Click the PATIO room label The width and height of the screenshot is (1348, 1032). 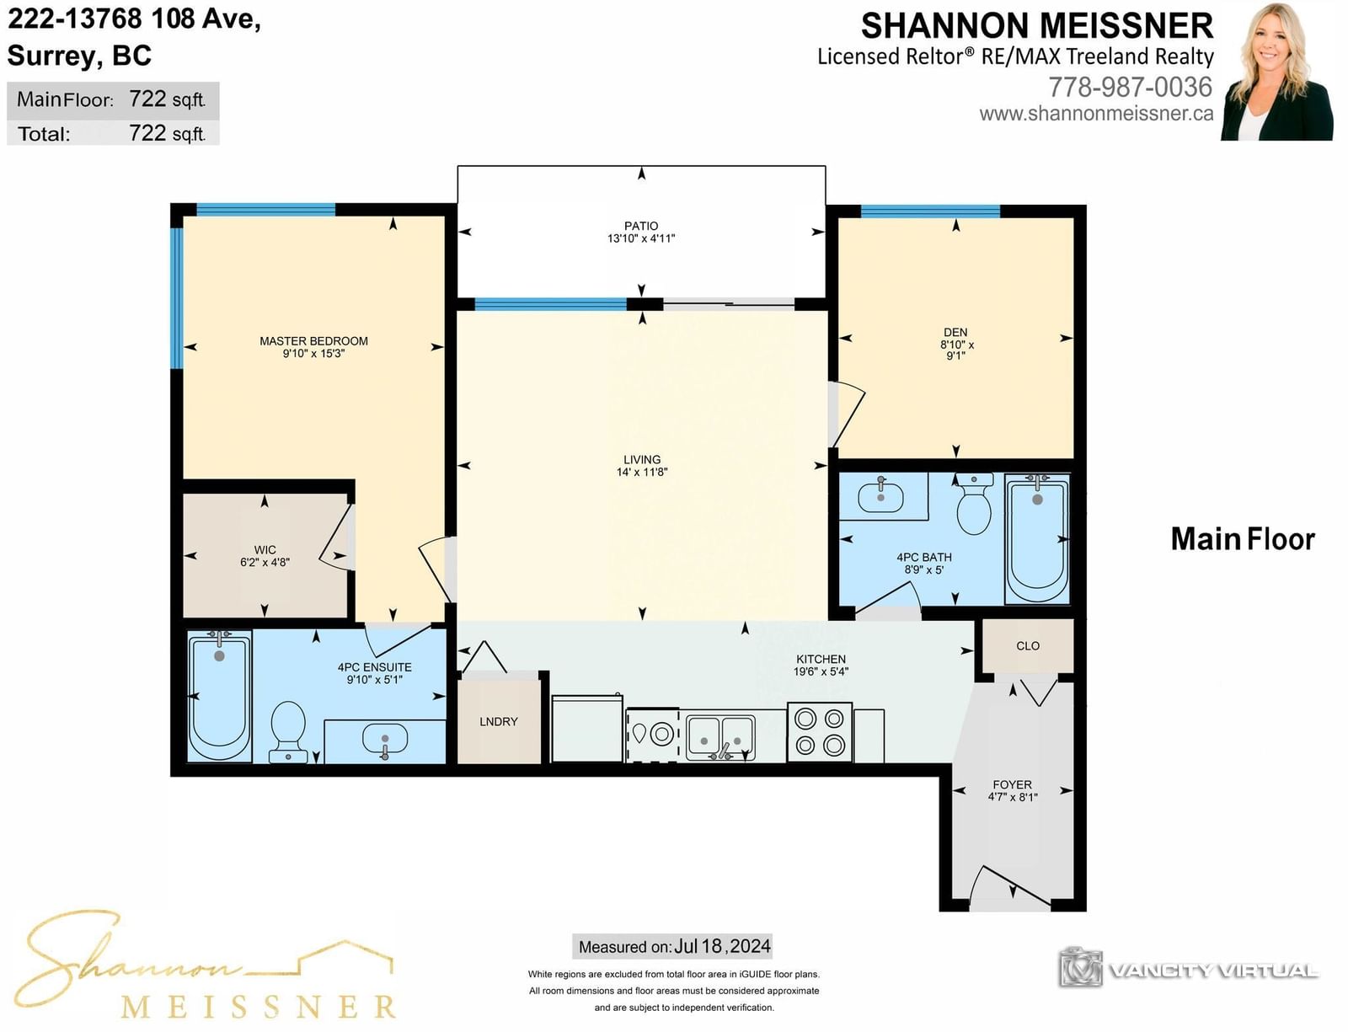click(x=641, y=226)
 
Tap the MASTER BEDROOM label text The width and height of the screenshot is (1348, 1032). click(x=313, y=341)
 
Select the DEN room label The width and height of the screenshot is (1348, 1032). click(x=955, y=333)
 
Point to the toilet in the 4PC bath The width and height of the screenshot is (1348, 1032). click(x=974, y=503)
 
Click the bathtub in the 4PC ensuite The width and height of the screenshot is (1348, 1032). click(x=220, y=696)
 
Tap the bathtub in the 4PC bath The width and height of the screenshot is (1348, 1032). click(x=1036, y=538)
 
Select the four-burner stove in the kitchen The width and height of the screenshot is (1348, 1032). click(x=820, y=732)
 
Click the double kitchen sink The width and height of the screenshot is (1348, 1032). click(x=720, y=737)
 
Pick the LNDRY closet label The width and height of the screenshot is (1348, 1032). click(x=498, y=722)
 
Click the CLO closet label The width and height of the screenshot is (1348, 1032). click(x=1027, y=645)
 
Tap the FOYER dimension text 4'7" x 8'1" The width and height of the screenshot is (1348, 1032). click(x=1013, y=797)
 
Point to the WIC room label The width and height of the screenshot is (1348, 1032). click(x=265, y=550)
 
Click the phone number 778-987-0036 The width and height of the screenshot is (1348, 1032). click(x=1131, y=87)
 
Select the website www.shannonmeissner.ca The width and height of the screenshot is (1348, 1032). click(x=1096, y=114)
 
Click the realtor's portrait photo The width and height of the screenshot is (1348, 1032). click(x=1276, y=72)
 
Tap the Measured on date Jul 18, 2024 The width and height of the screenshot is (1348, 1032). click(x=723, y=946)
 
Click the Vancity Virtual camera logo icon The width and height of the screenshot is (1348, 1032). click(x=1080, y=967)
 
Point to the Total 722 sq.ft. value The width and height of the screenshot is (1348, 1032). click(x=167, y=133)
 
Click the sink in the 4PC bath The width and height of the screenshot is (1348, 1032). click(x=880, y=497)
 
